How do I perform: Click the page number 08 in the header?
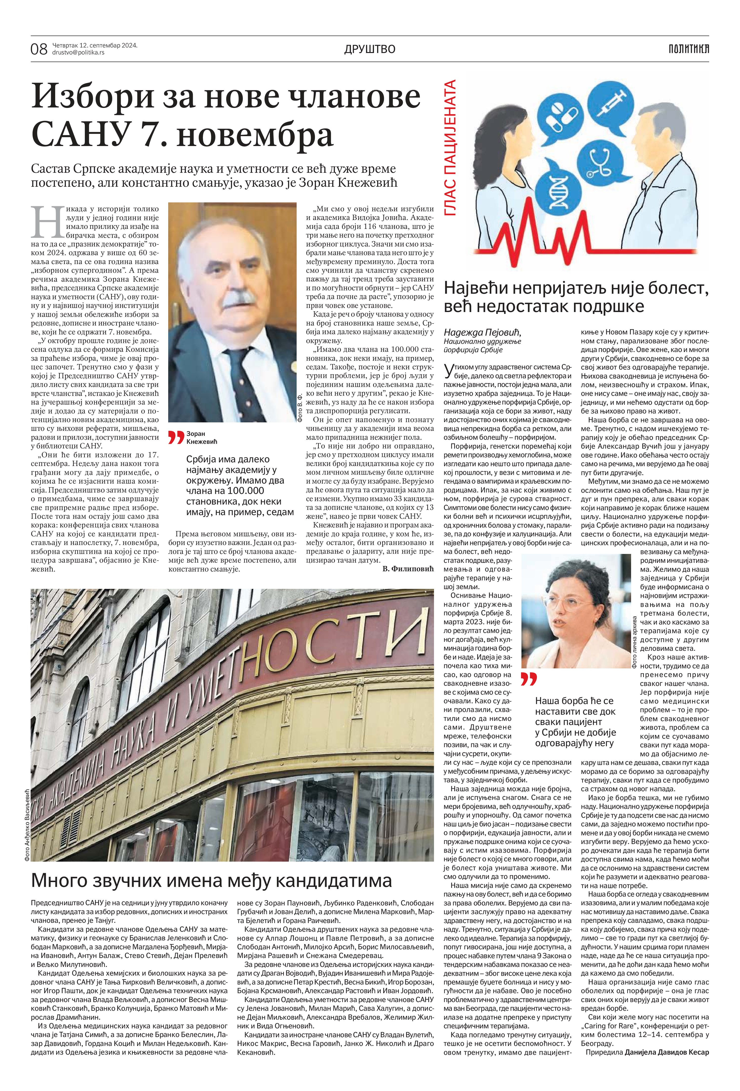click(39, 49)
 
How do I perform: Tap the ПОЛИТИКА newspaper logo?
click(689, 48)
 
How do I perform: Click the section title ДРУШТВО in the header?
click(370, 49)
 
